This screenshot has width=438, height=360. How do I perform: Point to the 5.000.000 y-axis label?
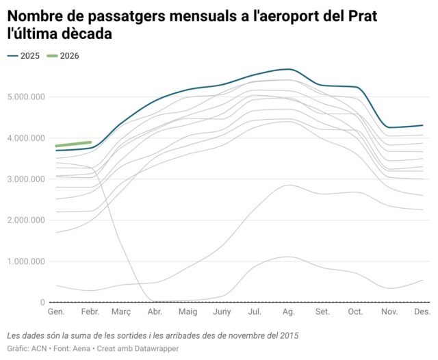point(26,97)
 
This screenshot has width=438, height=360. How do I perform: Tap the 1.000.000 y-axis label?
point(26,261)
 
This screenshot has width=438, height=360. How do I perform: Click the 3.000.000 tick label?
point(26,179)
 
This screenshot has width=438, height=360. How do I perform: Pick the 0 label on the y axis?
point(42,303)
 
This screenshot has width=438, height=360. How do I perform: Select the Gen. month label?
point(55,312)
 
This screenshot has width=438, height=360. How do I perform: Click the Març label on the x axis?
point(120,312)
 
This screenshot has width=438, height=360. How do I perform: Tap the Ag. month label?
point(288,312)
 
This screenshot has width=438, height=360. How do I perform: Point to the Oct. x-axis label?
point(355,312)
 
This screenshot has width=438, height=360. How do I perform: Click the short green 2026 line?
point(73,144)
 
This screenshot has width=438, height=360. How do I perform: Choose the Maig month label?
point(188,312)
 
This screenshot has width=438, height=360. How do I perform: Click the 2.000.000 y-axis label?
point(26,220)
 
